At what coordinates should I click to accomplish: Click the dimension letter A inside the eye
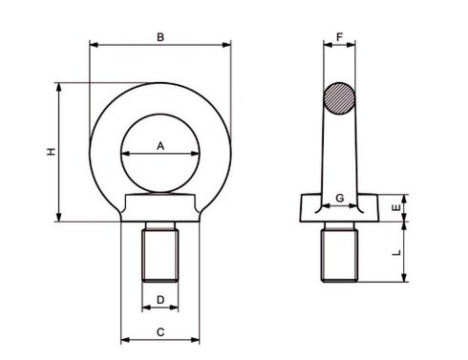[160, 146]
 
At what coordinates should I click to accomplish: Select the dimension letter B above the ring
[160, 37]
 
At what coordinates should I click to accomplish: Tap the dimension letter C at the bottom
[160, 332]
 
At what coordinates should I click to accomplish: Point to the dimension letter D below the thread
[160, 300]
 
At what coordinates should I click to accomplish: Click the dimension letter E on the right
[396, 208]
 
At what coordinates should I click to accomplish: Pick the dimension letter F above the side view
[339, 37]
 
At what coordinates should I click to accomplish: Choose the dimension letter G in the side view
[340, 198]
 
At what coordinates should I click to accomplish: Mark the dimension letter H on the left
[51, 152]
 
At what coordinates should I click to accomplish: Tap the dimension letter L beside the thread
[396, 253]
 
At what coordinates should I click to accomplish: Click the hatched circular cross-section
[339, 98]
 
